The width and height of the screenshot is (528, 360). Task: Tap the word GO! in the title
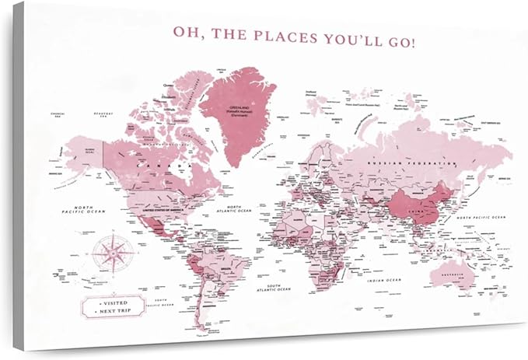tap(400, 37)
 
